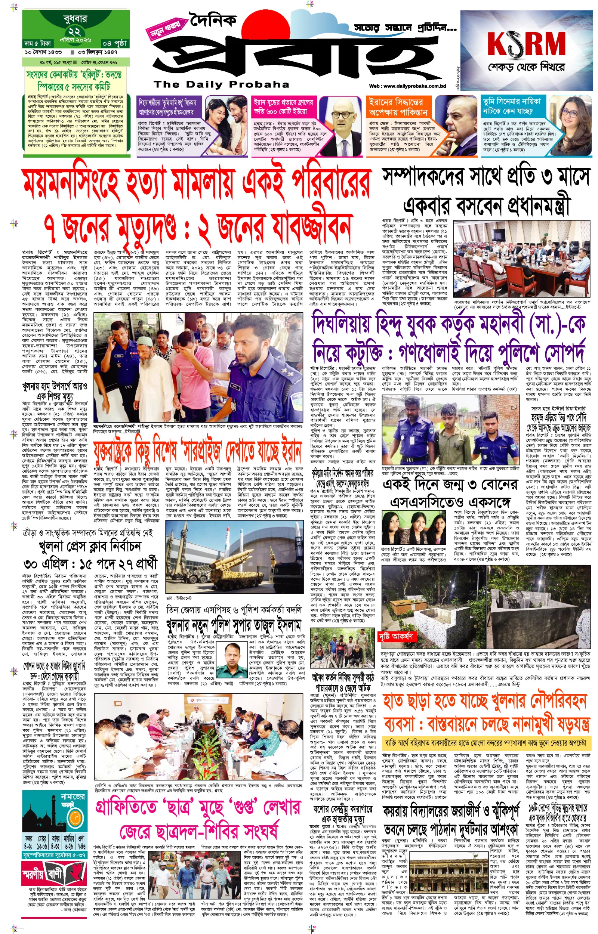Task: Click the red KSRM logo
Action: pyautogui.click(x=526, y=43)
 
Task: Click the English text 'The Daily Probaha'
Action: pyautogui.click(x=221, y=84)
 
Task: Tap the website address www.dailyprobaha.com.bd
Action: pyautogui.click(x=407, y=86)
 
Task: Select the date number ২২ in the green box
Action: pyautogui.click(x=74, y=31)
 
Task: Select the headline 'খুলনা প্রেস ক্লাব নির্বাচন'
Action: pyautogui.click(x=90, y=546)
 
